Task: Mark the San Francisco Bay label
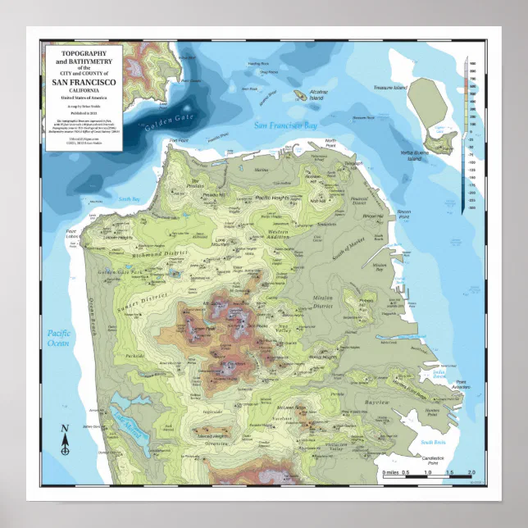(284, 125)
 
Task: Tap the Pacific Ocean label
(59, 338)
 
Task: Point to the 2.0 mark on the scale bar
(471, 473)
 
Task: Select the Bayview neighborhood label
(377, 403)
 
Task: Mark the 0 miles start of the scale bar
(388, 473)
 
